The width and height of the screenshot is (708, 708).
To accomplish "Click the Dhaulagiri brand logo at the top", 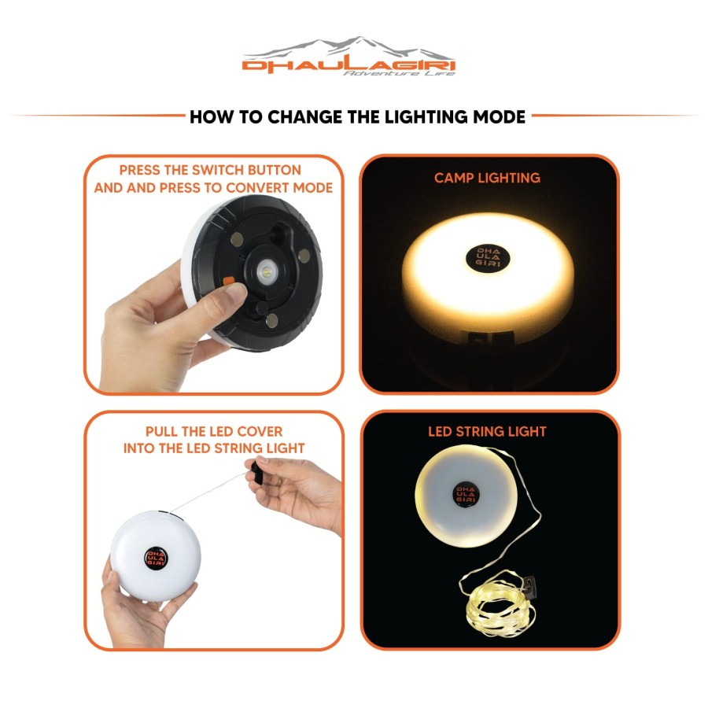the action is tap(348, 56).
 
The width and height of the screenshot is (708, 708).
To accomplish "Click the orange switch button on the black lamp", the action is tap(228, 282).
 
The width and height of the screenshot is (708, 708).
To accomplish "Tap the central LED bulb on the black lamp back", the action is tap(266, 272).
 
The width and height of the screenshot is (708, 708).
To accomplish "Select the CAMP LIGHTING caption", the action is tap(487, 178).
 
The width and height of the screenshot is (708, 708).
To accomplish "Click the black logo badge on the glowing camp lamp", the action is tap(488, 257).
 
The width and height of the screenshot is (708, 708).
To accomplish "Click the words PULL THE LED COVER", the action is tap(214, 432).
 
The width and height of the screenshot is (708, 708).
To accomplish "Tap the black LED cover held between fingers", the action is tap(256, 472).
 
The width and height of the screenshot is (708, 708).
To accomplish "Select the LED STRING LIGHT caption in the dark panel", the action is tap(487, 432).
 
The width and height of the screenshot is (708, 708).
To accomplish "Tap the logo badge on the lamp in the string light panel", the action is tap(466, 495).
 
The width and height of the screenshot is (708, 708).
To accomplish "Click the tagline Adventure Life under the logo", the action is tap(399, 73).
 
